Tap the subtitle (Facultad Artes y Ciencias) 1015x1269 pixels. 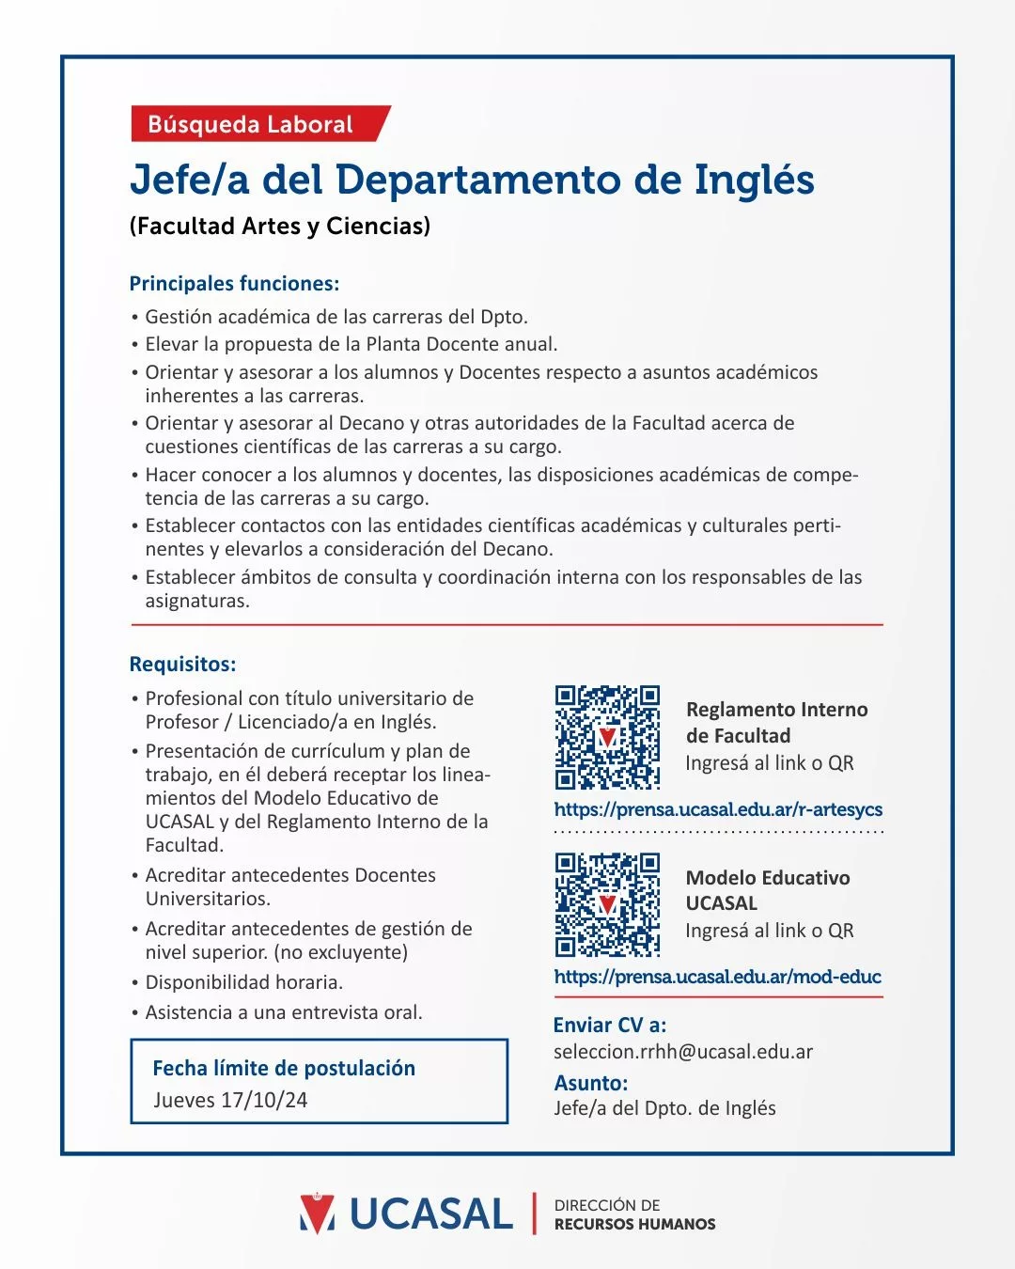280,226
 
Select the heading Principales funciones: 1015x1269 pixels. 234,284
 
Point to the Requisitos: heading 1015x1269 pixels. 182,664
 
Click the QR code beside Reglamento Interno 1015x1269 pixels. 607,737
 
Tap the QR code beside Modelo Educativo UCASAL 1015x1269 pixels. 607,904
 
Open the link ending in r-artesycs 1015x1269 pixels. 718,809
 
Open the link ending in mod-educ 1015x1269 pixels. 717,977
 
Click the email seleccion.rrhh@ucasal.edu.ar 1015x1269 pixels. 683,1052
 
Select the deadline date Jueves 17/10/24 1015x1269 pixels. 230,1100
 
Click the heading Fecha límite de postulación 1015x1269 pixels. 284,1068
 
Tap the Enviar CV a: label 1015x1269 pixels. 610,1025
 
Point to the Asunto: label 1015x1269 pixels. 591,1083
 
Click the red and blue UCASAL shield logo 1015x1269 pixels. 317,1213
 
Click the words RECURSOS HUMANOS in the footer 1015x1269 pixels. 634,1224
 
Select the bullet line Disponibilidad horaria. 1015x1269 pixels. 243,982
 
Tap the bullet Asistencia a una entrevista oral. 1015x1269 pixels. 284,1012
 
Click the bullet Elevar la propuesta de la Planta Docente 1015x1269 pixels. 351,344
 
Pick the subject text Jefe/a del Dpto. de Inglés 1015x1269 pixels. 664,1108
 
